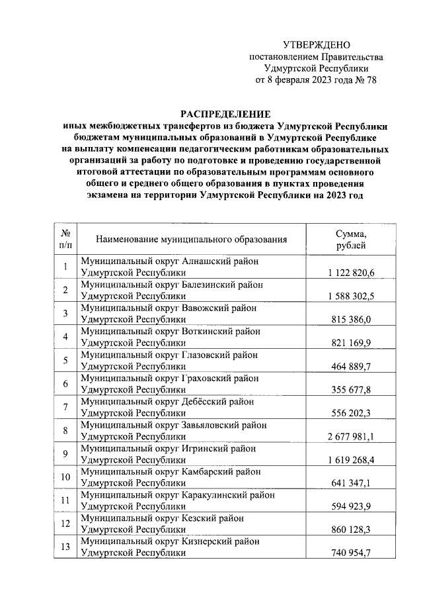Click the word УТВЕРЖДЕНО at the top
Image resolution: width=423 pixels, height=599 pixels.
(x=315, y=46)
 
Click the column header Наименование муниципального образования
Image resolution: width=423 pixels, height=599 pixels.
(x=192, y=240)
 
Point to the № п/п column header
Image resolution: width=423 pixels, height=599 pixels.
(x=65, y=240)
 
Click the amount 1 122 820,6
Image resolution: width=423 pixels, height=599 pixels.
(x=351, y=273)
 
